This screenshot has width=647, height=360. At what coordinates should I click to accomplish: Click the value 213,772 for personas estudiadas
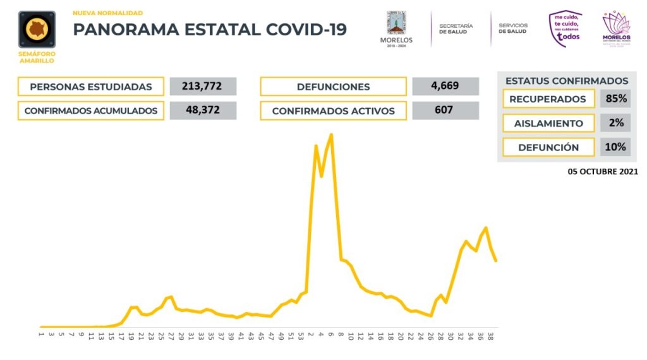[203, 87]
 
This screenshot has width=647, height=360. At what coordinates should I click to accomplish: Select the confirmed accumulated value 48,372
[203, 111]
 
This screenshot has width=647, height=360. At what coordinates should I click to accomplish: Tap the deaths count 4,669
[445, 86]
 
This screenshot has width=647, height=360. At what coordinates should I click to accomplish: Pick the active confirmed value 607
[445, 111]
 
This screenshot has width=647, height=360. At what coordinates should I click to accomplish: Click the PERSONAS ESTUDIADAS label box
[91, 87]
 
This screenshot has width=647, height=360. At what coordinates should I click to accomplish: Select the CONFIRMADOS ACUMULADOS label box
[91, 111]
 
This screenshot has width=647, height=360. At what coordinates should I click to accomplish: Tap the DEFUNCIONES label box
[333, 87]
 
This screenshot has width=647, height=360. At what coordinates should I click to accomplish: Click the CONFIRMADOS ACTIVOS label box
[333, 111]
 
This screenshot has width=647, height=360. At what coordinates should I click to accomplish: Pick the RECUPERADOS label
[548, 99]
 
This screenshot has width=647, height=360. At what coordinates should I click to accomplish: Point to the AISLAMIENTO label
[548, 123]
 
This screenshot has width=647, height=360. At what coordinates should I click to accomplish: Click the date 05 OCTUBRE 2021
[602, 171]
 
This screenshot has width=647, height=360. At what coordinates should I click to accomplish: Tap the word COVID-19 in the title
[306, 30]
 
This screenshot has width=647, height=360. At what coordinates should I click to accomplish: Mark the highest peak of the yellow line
[331, 135]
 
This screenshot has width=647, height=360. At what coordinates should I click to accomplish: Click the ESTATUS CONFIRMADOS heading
[567, 81]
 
